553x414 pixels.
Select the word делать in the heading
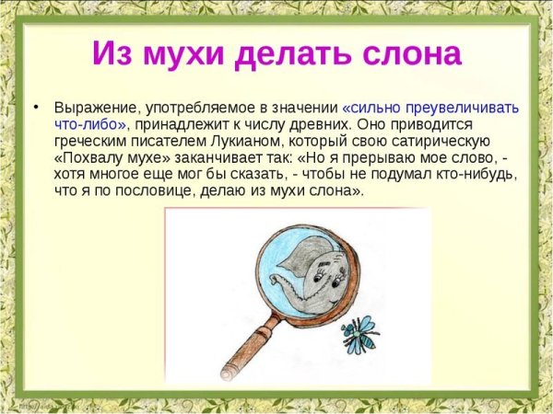click(x=288, y=53)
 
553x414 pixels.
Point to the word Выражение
click(x=91, y=108)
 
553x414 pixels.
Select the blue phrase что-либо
click(x=89, y=124)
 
